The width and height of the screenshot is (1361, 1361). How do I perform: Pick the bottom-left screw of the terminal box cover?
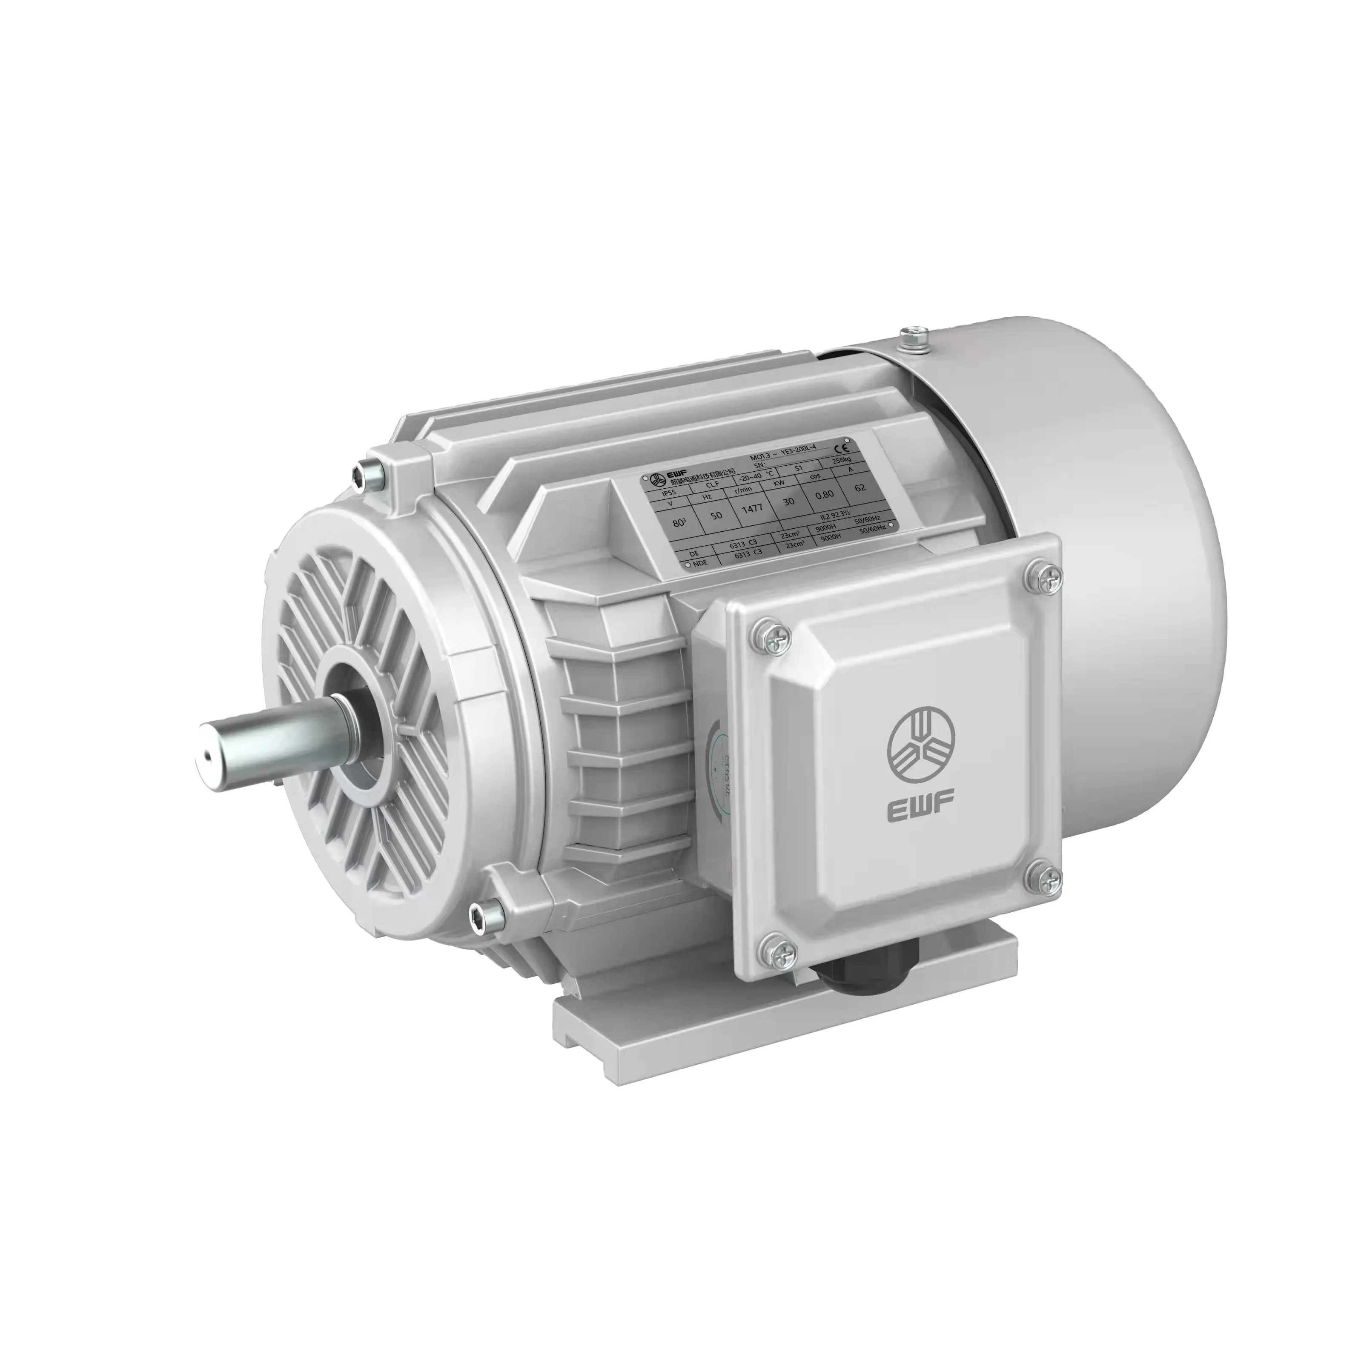click(774, 951)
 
